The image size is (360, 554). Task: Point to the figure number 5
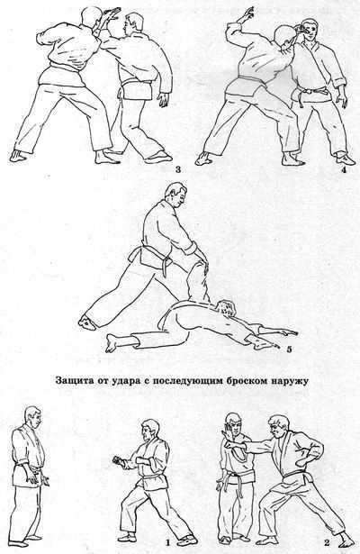[289, 344]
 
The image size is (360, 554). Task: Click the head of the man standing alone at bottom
[31, 419]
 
